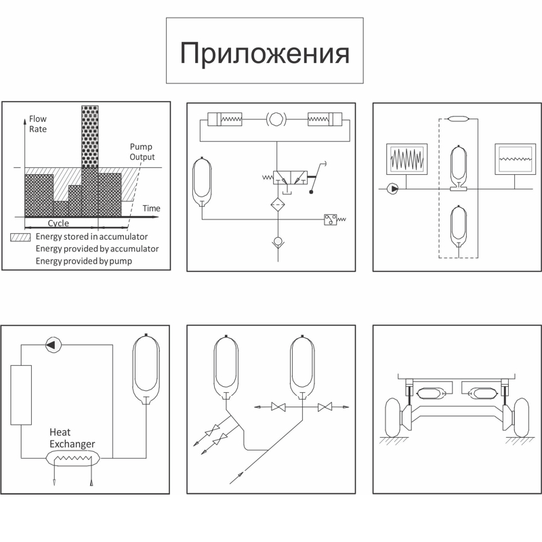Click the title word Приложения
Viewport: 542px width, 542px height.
264,53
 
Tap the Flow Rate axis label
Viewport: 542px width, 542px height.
38,124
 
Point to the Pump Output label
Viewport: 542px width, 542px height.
142,152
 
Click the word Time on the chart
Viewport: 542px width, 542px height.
151,208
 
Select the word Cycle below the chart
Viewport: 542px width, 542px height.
58,224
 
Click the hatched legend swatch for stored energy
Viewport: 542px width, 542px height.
20,237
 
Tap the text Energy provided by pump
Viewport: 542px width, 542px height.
84,261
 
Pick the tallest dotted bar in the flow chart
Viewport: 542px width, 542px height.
89,135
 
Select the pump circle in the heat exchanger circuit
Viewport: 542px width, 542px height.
51,345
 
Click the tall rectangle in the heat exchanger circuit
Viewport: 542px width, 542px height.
22,395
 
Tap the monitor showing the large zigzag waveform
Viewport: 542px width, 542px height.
406,159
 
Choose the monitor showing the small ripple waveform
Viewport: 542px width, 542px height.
515,159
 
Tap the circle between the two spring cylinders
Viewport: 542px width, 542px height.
276,119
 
